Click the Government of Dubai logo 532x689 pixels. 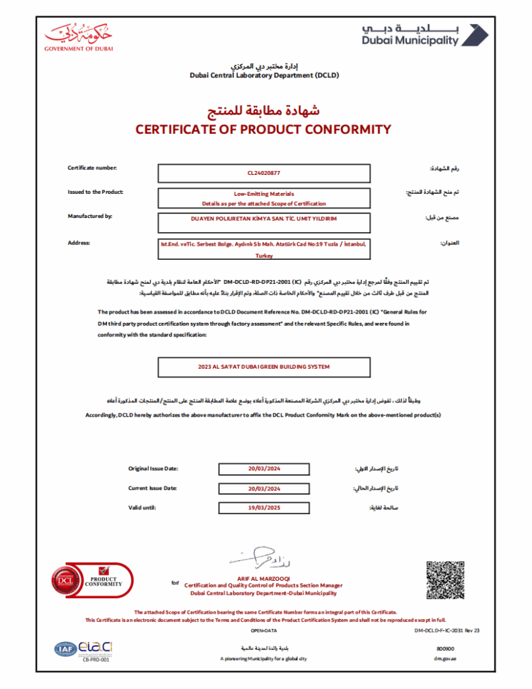click(x=79, y=37)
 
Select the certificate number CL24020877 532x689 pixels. click(x=264, y=174)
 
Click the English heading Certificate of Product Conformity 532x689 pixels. click(x=263, y=129)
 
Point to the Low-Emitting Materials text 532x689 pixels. click(x=264, y=193)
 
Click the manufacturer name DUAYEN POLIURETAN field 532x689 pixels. click(x=264, y=219)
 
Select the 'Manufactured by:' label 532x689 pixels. click(x=89, y=216)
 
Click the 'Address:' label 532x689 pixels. click(x=79, y=242)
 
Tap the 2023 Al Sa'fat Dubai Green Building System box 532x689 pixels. click(x=264, y=367)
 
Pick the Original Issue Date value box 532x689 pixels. click(x=264, y=469)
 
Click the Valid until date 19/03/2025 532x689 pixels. click(x=264, y=508)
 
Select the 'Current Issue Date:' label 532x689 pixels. click(x=153, y=488)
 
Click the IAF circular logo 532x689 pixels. click(x=65, y=649)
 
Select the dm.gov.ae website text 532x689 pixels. click(x=445, y=659)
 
